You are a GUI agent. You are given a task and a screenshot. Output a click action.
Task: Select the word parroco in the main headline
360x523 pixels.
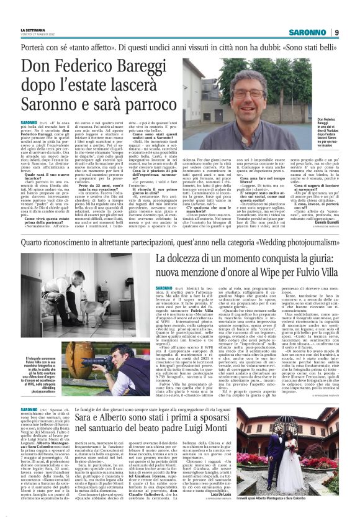pos(151,107)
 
